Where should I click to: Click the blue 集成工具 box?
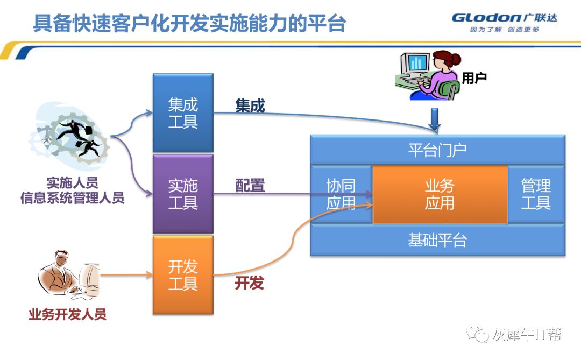(183, 113)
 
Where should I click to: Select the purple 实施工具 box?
(183, 194)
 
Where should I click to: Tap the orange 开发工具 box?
(183, 274)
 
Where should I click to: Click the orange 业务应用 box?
(440, 194)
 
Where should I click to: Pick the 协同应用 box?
(341, 194)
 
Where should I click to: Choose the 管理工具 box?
(536, 194)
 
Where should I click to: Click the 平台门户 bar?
(437, 150)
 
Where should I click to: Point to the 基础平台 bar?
(437, 240)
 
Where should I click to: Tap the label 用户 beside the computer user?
(474, 78)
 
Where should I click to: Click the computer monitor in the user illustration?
(415, 65)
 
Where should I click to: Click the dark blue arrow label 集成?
(250, 106)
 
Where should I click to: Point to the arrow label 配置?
(250, 186)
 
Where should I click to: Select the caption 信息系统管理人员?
(72, 198)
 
